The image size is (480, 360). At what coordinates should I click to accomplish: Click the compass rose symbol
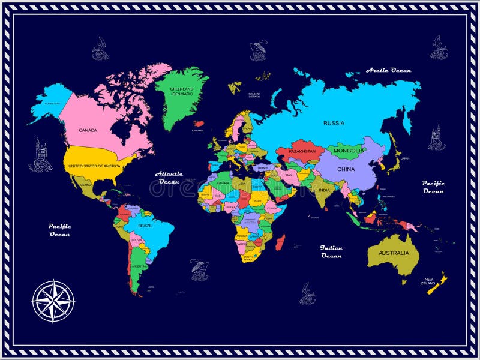53,301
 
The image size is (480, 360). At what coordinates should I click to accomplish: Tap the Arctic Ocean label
389,70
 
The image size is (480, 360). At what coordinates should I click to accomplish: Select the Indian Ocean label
331,251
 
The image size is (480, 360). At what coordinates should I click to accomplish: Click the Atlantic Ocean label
169,177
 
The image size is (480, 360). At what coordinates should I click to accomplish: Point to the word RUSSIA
334,123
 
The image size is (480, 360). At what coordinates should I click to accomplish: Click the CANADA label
88,130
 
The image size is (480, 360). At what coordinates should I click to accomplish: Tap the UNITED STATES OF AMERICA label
94,166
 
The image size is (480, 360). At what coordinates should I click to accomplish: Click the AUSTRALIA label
394,253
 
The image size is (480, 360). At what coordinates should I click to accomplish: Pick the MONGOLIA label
347,150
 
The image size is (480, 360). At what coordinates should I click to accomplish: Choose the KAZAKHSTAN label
302,151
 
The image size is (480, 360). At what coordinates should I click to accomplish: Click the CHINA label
346,169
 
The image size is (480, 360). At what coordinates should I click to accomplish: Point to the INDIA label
323,190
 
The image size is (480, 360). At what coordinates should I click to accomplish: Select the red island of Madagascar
280,243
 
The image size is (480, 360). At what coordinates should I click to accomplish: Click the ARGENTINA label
139,266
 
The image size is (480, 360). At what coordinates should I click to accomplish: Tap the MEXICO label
85,185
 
